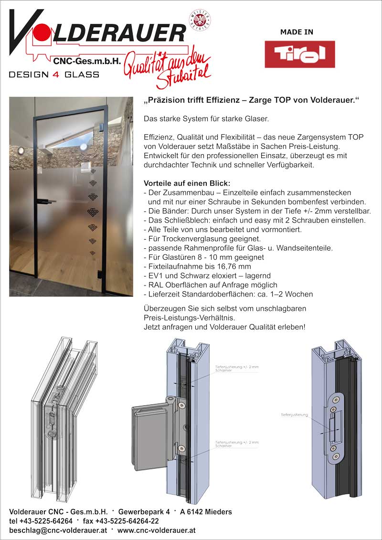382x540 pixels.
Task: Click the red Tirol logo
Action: (299, 54)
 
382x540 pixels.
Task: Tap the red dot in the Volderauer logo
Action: (41, 35)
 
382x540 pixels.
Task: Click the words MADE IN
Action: (297, 32)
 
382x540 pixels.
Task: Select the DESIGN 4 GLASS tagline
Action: (54, 74)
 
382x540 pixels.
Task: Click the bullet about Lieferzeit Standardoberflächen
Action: (228, 294)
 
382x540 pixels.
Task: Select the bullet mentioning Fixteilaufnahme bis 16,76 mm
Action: (197, 266)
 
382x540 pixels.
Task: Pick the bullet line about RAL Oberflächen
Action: (210, 285)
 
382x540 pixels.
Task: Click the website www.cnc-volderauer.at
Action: (156, 530)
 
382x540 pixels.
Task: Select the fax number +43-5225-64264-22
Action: (121, 521)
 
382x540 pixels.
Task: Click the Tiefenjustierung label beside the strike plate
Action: (294, 415)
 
